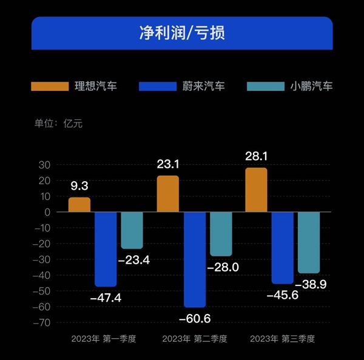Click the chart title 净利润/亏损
182,32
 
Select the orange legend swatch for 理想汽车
50,86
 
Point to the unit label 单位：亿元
58,124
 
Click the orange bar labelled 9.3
79,205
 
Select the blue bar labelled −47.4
106,248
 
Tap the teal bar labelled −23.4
132,230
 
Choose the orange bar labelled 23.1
168,194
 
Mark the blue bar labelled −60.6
195,259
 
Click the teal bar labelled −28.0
221,234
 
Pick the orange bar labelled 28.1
256,190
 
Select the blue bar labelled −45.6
282,247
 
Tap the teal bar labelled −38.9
308,242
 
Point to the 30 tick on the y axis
44,165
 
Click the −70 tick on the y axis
42,322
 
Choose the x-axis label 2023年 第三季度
282,338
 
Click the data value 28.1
256,157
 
